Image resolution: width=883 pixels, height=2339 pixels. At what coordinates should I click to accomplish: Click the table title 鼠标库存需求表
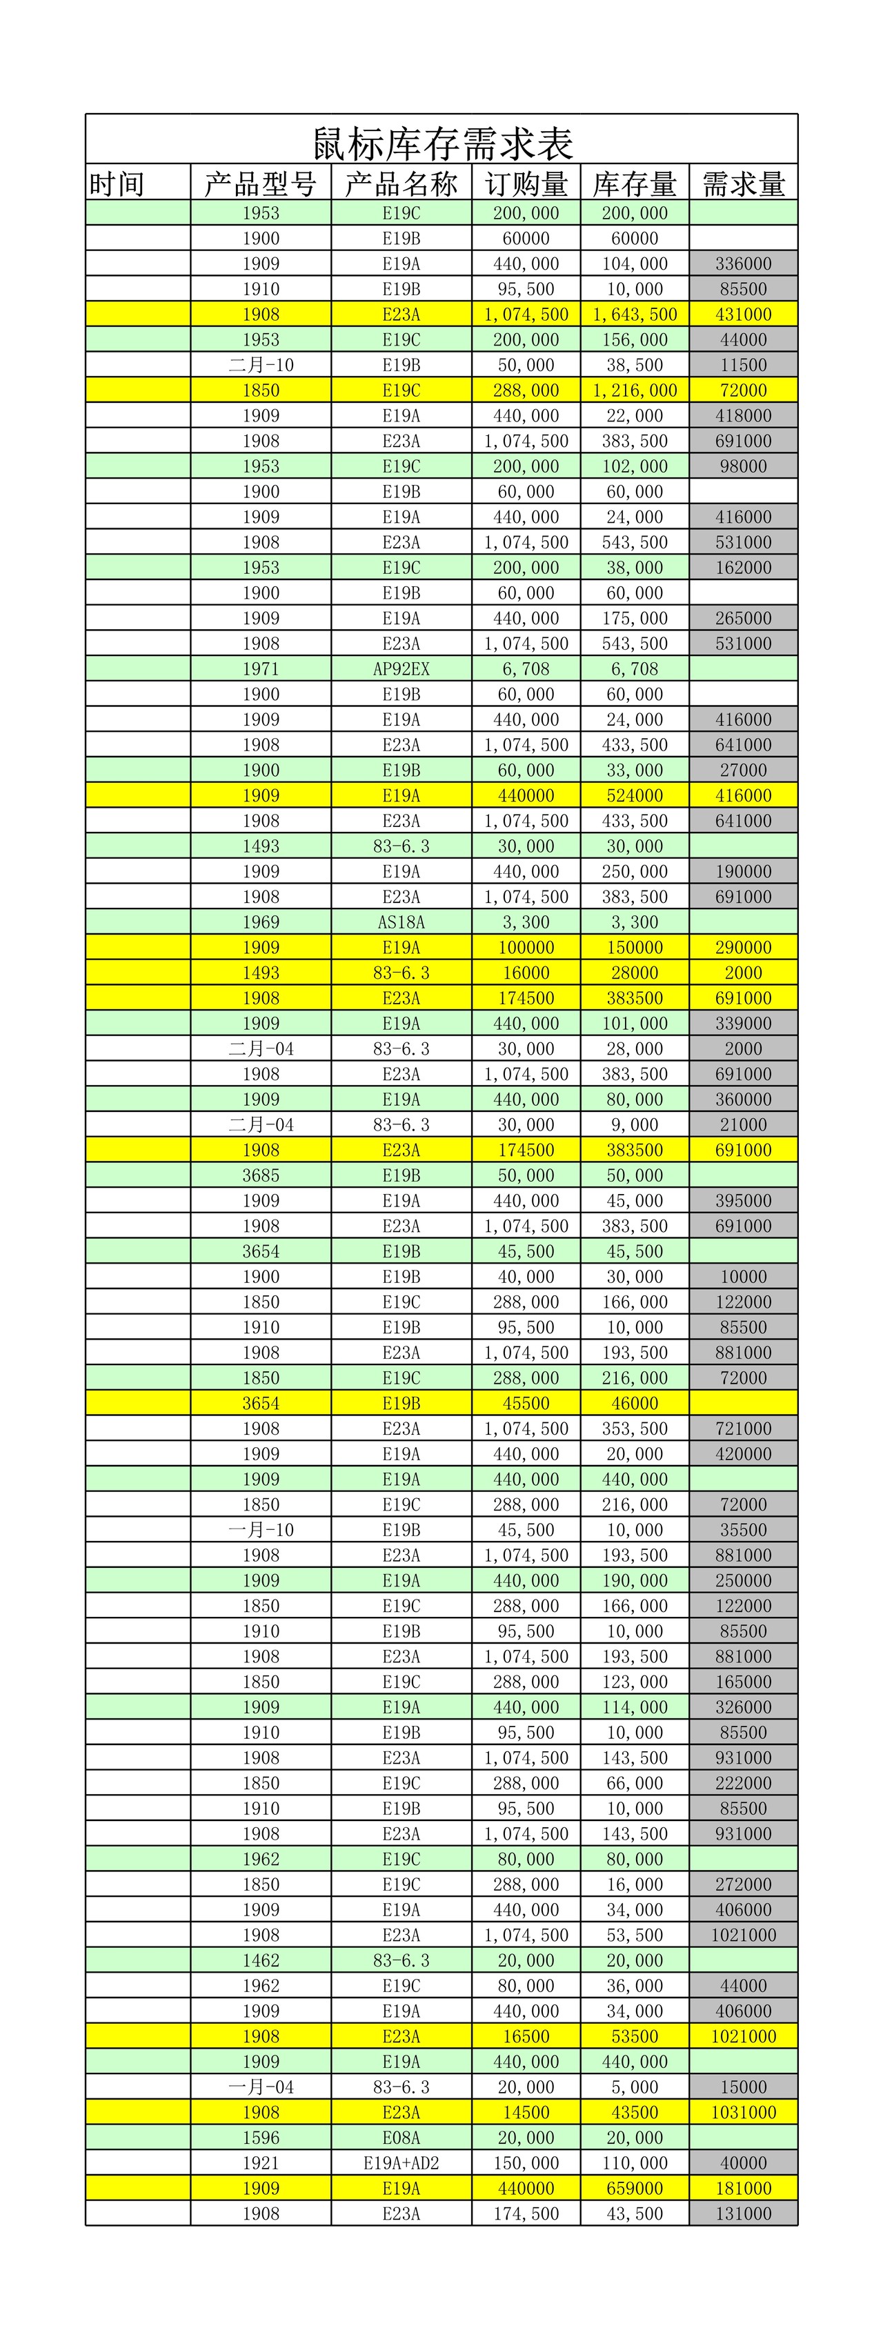pyautogui.click(x=442, y=143)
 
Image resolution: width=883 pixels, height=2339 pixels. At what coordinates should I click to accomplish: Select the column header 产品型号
pyautogui.click(x=261, y=184)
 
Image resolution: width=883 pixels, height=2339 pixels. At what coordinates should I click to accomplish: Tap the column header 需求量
pyautogui.click(x=743, y=184)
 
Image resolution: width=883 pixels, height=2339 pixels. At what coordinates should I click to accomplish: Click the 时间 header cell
pyautogui.click(x=117, y=184)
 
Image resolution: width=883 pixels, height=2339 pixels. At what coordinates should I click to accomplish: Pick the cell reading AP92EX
pyautogui.click(x=401, y=669)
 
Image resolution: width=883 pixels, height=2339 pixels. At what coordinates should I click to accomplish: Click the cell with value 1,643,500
pyautogui.click(x=634, y=314)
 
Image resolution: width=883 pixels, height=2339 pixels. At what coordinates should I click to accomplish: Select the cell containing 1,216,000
pyautogui.click(x=634, y=390)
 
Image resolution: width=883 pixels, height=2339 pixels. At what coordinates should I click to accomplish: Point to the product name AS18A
pyautogui.click(x=401, y=922)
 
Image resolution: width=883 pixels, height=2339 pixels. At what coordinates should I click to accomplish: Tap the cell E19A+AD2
pyautogui.click(x=401, y=2164)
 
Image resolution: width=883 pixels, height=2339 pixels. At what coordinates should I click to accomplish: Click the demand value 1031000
pyautogui.click(x=743, y=2113)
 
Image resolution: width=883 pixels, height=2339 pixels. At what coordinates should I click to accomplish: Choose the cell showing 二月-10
pyautogui.click(x=261, y=365)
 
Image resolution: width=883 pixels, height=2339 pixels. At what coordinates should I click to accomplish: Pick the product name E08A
pyautogui.click(x=401, y=2138)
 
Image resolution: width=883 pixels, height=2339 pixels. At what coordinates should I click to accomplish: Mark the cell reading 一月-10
pyautogui.click(x=261, y=1530)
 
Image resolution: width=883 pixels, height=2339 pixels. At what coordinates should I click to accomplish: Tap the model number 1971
pyautogui.click(x=261, y=669)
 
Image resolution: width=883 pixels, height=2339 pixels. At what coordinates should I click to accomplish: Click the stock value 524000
pyautogui.click(x=634, y=795)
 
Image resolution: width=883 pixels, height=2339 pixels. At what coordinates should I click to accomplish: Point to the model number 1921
pyautogui.click(x=261, y=2164)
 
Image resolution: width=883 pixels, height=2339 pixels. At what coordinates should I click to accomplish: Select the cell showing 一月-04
pyautogui.click(x=261, y=2087)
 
